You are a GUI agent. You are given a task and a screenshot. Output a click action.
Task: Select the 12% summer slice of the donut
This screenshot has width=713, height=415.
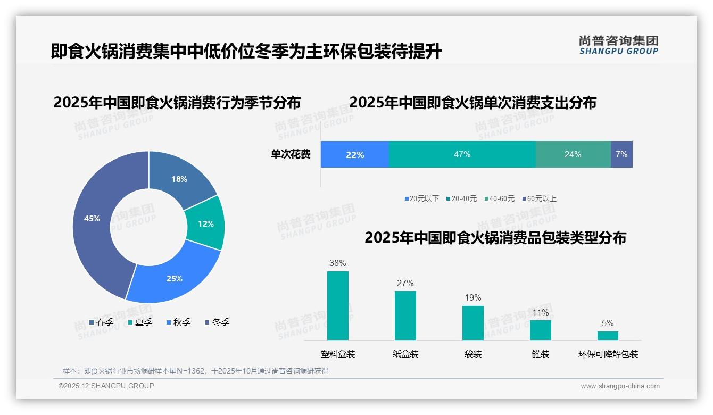pos(205,223)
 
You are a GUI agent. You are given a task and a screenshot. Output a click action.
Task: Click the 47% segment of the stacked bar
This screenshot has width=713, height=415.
pos(462,155)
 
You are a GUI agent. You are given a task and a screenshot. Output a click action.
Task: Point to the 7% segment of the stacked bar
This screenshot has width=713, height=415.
pos(621,155)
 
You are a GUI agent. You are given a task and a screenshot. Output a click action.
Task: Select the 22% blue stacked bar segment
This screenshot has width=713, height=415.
pos(354,155)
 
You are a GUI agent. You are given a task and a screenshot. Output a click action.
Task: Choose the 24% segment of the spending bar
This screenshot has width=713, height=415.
pos(573,155)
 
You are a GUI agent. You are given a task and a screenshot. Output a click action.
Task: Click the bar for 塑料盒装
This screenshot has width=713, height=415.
pos(338,305)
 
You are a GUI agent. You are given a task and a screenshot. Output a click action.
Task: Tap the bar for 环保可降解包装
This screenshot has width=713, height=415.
pos(608,336)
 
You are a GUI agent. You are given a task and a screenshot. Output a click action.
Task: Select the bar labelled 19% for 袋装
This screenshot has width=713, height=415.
pos(473,322)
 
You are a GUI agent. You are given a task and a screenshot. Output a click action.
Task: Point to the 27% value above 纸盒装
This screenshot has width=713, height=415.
pos(405,284)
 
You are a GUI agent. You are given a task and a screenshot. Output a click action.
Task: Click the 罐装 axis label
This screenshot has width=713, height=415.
pos(541,354)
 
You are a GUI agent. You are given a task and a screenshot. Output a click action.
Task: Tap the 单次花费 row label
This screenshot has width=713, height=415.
pos(291,155)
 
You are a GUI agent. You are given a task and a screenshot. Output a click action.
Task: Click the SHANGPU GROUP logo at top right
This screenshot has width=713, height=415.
pos(618,45)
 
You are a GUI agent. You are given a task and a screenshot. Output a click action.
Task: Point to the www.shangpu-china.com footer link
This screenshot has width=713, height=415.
pos(620,386)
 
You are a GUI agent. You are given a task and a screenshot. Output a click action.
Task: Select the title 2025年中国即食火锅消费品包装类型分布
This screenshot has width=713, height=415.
pos(495,238)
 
